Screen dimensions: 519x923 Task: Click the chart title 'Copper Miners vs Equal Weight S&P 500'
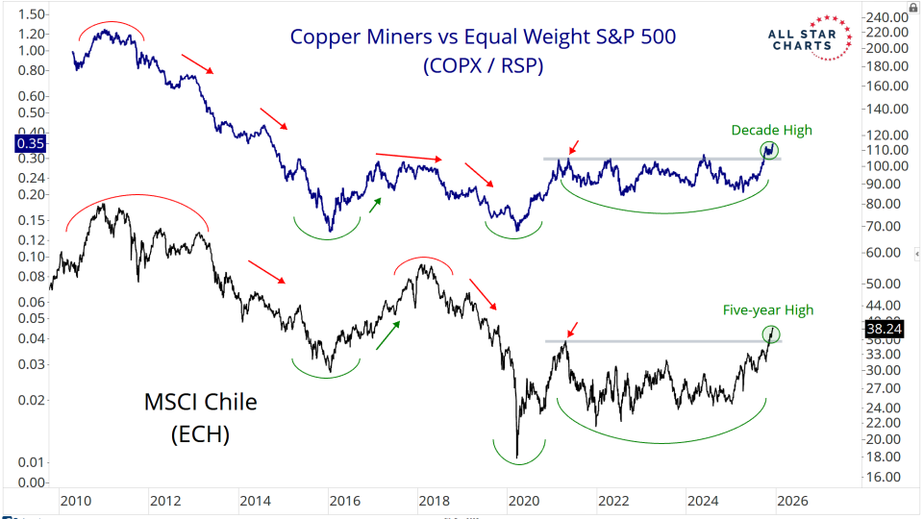(x=483, y=37)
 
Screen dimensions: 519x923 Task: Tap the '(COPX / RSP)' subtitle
(x=482, y=67)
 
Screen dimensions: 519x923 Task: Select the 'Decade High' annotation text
(x=771, y=131)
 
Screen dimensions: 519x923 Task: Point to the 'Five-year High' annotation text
(x=767, y=309)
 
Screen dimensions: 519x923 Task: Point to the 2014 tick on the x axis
(x=255, y=501)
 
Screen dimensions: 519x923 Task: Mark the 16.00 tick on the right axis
(x=884, y=477)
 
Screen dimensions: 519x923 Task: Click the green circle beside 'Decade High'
(x=769, y=150)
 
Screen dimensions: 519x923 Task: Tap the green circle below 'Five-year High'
(x=771, y=334)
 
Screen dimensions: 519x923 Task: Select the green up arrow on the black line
(x=388, y=334)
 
